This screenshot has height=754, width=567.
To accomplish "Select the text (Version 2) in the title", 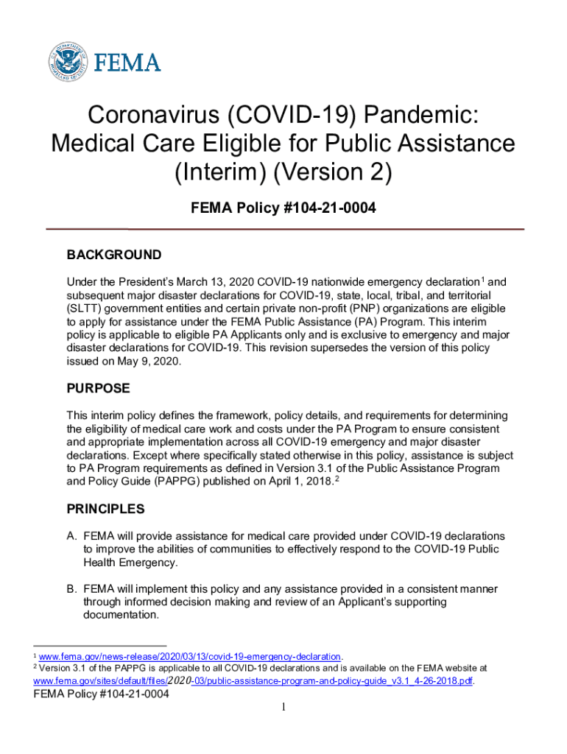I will pyautogui.click(x=334, y=174).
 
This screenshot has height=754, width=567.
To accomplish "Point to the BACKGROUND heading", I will pyautogui.click(x=114, y=256).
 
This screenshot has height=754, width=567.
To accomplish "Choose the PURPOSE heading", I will pyautogui.click(x=98, y=388).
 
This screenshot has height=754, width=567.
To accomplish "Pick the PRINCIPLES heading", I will pyautogui.click(x=105, y=509).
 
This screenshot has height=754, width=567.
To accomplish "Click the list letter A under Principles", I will pyautogui.click(x=71, y=535).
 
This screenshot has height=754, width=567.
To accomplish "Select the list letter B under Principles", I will pyautogui.click(x=71, y=589).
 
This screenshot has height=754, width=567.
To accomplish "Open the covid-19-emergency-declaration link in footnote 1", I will pyautogui.click(x=189, y=656).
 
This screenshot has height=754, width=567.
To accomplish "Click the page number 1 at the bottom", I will pyautogui.click(x=283, y=708).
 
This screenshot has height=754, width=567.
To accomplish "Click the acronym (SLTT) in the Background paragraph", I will pyautogui.click(x=85, y=309).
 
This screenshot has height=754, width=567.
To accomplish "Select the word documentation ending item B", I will pyautogui.click(x=120, y=616).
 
